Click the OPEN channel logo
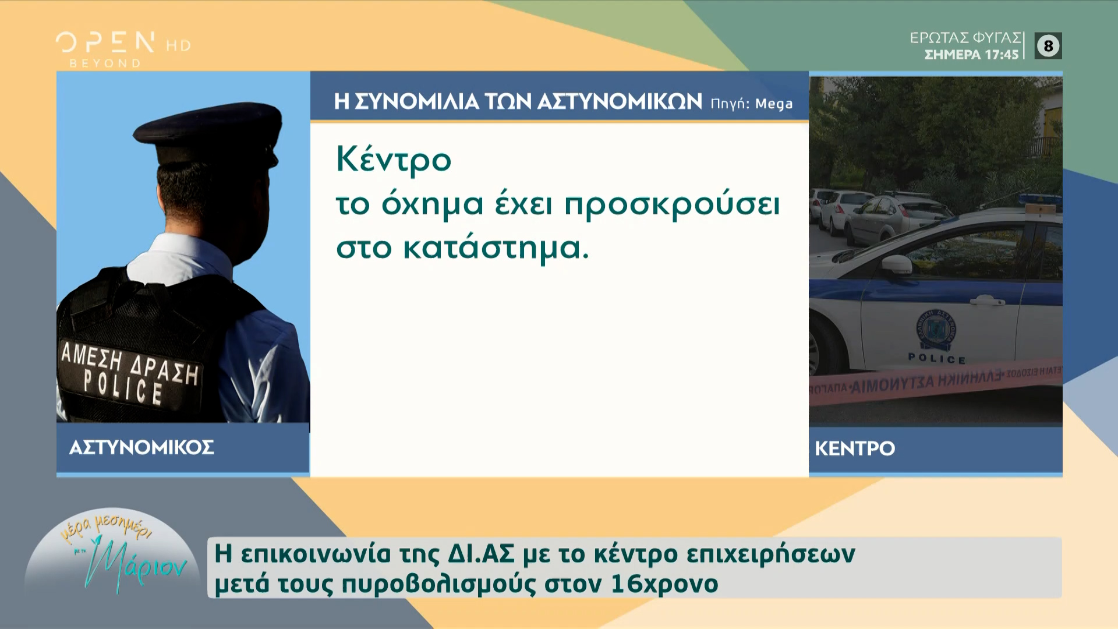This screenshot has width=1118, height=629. click(105, 43)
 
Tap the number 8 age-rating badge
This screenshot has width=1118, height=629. click(1048, 46)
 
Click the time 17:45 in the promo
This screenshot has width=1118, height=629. click(1002, 55)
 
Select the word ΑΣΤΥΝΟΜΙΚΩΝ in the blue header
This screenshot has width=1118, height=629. click(620, 102)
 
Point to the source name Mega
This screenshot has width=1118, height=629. click(774, 104)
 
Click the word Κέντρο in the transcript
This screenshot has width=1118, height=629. click(394, 159)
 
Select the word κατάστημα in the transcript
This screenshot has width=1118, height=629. click(495, 249)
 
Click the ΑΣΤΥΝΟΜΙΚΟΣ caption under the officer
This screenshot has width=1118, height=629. click(141, 447)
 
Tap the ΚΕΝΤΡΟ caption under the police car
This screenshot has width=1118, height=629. click(855, 448)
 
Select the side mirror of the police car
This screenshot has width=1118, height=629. click(896, 264)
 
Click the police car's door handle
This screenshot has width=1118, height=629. click(986, 300)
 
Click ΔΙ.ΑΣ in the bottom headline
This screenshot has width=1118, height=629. click(482, 554)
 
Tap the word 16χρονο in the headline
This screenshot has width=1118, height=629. click(664, 584)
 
